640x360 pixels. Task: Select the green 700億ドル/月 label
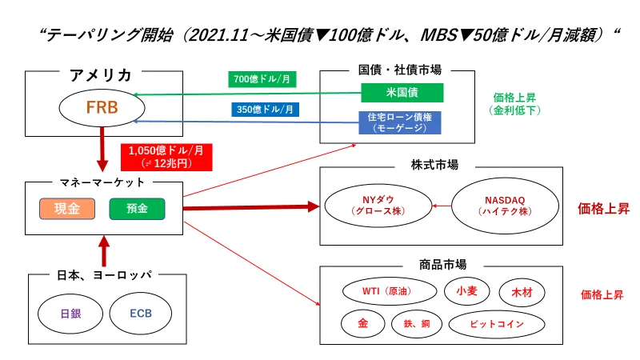[262, 79]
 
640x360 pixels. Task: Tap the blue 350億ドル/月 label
[265, 110]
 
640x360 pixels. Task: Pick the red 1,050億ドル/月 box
[166, 157]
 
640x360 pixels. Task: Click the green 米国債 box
[402, 93]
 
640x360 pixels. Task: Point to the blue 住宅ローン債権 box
[399, 122]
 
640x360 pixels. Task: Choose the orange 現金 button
[67, 209]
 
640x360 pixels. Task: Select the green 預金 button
[137, 209]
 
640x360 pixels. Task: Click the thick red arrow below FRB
[102, 150]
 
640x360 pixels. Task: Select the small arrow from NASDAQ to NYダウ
[442, 206]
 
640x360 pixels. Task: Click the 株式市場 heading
[434, 165]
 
